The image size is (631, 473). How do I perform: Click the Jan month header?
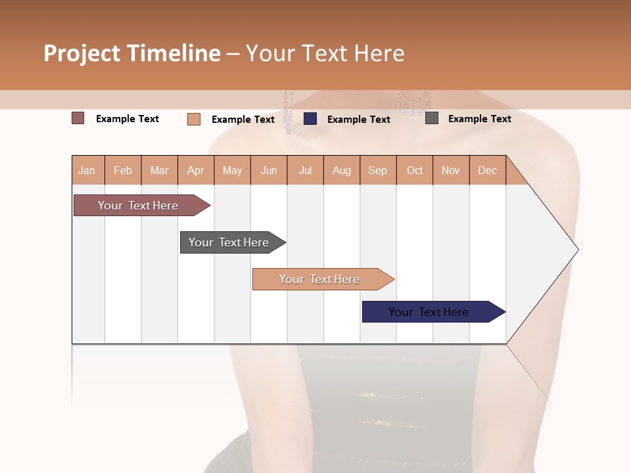(87, 170)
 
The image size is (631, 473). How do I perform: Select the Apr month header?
(196, 170)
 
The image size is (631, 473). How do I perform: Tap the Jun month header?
(269, 170)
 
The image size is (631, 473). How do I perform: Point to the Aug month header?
(342, 170)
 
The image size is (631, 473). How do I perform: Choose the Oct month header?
(415, 170)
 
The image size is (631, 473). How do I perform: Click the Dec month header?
(488, 170)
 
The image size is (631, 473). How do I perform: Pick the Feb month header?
(123, 170)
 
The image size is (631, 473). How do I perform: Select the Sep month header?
(378, 170)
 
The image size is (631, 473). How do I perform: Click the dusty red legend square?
(78, 118)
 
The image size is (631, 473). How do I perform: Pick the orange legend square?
(194, 119)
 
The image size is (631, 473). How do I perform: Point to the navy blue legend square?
(310, 119)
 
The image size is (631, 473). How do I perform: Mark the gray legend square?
(432, 118)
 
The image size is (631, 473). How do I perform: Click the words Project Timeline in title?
(132, 53)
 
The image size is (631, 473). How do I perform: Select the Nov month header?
(451, 170)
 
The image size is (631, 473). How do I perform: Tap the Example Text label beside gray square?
(479, 119)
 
